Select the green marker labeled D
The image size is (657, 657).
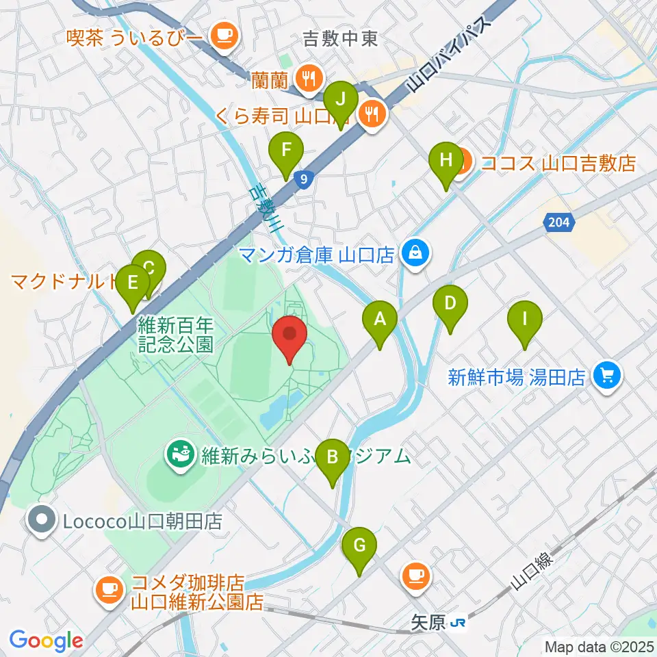[x=450, y=305]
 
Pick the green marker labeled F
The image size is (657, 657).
[x=285, y=153]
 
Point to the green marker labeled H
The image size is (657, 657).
[x=446, y=163]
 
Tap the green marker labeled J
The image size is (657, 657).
[x=340, y=100]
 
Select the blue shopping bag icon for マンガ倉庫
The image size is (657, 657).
[x=415, y=254]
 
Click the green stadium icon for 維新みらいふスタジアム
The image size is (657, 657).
[x=181, y=454]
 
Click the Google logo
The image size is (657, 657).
[x=46, y=641]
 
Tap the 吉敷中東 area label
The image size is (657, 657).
[x=342, y=39]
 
